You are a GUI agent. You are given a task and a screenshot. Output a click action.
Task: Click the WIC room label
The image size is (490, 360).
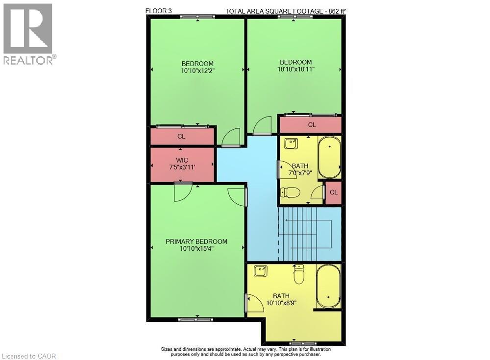coord(182,161)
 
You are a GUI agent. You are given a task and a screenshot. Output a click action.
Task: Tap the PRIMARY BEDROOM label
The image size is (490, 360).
coord(196,241)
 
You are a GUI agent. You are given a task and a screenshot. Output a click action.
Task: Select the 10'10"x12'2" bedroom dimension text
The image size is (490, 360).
coord(197,71)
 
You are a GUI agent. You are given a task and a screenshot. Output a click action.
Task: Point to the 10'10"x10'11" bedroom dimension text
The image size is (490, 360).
coord(295,69)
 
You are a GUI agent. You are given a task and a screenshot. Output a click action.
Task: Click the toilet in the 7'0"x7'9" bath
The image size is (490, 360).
coord(291,192)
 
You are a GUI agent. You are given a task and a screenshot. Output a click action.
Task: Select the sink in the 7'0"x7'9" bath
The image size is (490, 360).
coord(291,144)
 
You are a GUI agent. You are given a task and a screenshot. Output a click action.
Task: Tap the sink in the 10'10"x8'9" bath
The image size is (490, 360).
coord(261,270)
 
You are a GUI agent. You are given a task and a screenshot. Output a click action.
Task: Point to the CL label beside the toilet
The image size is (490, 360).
coord(334,192)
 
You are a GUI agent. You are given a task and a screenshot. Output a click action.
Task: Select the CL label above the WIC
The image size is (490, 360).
coord(181,136)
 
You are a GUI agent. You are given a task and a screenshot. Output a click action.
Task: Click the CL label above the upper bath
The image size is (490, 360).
coord(312,125)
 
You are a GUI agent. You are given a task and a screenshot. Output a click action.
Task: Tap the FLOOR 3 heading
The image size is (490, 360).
coord(158,10)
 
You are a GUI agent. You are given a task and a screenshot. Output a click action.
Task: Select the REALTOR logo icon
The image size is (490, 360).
coord(27,29)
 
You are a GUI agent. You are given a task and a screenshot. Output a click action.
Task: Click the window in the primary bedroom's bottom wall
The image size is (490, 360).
coord(196,319)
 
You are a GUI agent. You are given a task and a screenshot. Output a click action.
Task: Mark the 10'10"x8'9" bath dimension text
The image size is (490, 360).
coord(281,303)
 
